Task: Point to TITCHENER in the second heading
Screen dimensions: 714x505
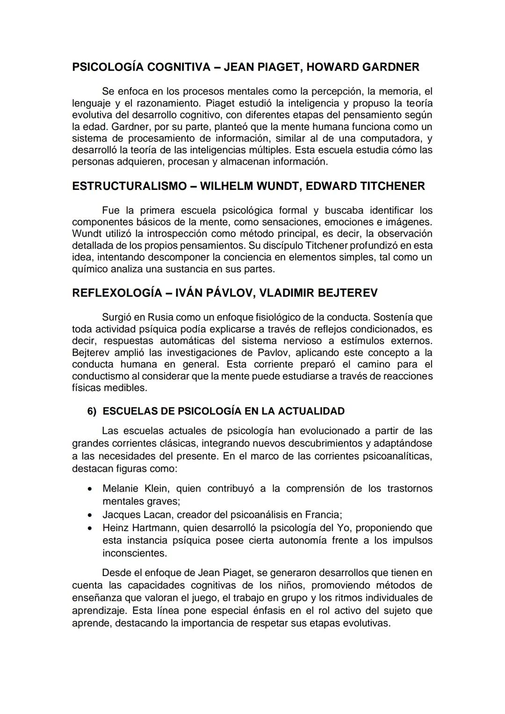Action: pyautogui.click(x=393, y=186)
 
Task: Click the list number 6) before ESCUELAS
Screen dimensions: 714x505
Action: pyautogui.click(x=92, y=411)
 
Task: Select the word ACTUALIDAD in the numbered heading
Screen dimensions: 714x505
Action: pyautogui.click(x=311, y=411)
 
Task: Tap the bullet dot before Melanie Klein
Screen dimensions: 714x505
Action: pyautogui.click(x=89, y=489)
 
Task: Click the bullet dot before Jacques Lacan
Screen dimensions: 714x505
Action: pyautogui.click(x=89, y=515)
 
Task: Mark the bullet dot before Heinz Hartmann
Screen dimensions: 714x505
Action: pyautogui.click(x=89, y=528)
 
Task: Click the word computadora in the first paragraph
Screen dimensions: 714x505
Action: pyautogui.click(x=392, y=138)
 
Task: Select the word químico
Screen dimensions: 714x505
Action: pyautogui.click(x=90, y=269)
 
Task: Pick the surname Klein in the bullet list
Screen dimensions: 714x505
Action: pyautogui.click(x=158, y=489)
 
